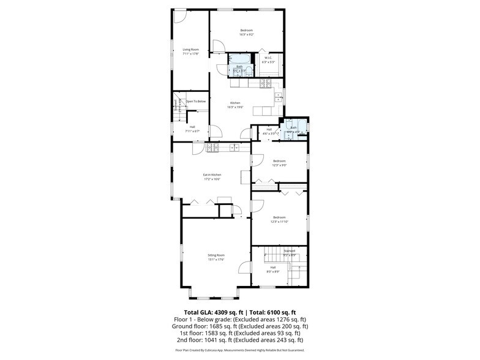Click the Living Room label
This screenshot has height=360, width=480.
click(191, 50)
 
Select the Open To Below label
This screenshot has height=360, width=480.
click(196, 101)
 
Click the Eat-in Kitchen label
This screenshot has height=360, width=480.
click(212, 175)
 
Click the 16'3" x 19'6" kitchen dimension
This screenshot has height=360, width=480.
click(236, 107)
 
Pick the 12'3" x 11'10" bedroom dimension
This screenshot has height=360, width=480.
click(279, 222)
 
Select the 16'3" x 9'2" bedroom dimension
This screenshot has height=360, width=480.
click(246, 34)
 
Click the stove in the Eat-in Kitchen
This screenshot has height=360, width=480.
click(214, 148)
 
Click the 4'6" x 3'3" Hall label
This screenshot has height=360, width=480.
click(269, 131)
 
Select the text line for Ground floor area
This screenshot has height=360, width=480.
click(239, 326)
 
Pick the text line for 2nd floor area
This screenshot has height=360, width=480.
click(239, 340)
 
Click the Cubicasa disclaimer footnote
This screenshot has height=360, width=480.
click(239, 350)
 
